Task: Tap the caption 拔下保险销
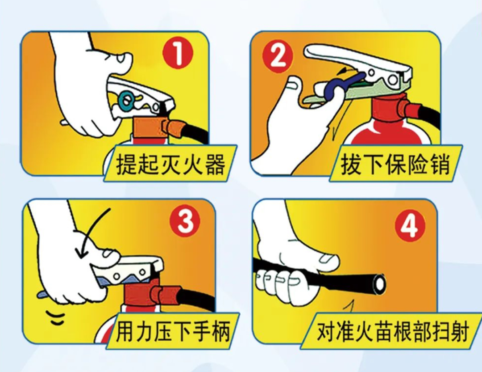coord(395,165)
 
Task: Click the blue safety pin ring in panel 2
coord(333,86)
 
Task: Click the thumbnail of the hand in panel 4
coord(328,259)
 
